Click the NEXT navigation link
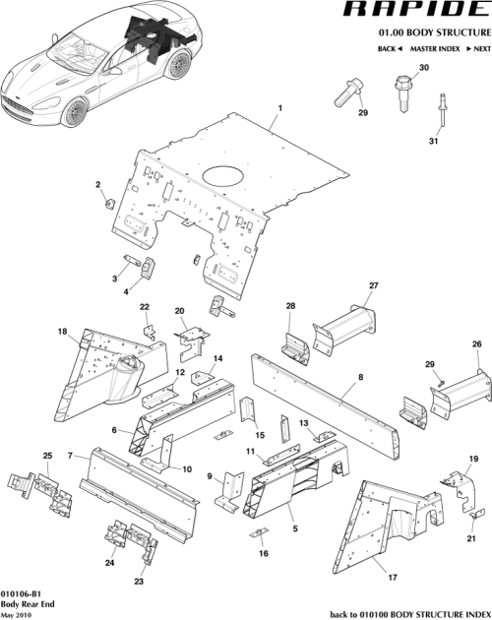(x=477, y=48)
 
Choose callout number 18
(x=61, y=332)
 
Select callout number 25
(x=45, y=454)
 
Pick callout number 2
(x=97, y=185)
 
